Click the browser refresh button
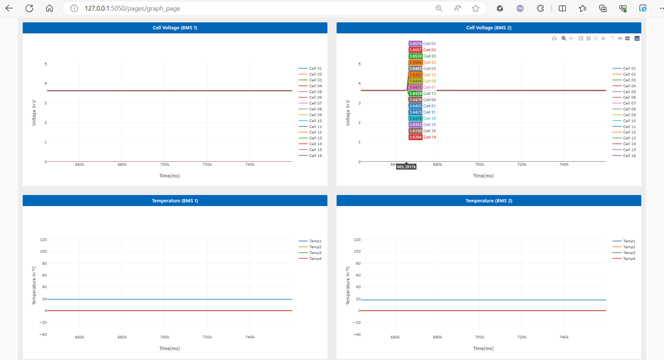(29, 8)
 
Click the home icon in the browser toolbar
(49, 8)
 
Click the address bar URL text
(132, 8)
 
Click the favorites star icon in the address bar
(475, 8)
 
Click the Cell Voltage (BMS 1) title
(175, 27)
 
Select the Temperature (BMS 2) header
(489, 200)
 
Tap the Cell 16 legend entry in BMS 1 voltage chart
(315, 156)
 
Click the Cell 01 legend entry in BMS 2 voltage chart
(629, 68)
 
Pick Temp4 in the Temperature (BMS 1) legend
(315, 258)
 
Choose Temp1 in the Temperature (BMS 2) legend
(629, 241)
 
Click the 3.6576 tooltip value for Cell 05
(415, 44)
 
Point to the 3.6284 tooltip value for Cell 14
(415, 137)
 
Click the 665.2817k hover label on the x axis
(406, 167)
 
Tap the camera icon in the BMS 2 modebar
(554, 38)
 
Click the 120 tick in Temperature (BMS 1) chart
(43, 240)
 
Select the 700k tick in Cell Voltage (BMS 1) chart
(164, 164)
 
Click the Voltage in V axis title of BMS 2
(348, 113)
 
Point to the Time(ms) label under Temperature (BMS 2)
(483, 348)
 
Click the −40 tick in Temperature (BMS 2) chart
(357, 335)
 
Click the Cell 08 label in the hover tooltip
(430, 69)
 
